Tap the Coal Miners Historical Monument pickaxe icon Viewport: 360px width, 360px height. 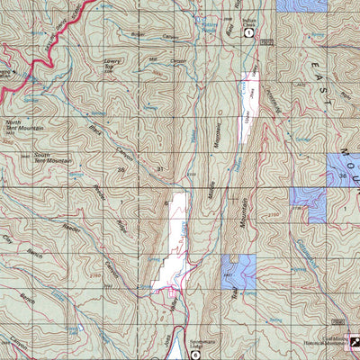click(x=354, y=342)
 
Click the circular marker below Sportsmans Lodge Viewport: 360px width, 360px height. click(x=194, y=354)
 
